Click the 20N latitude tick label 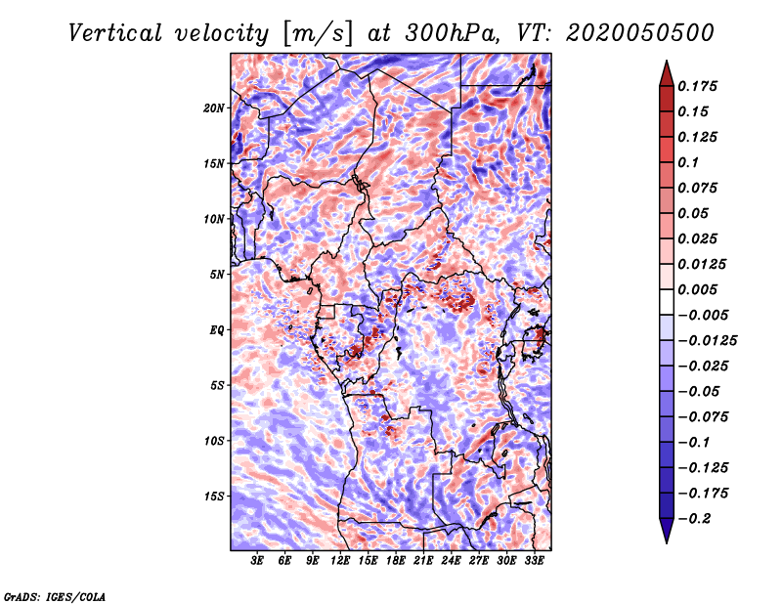click(214, 108)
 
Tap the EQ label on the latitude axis click(217, 330)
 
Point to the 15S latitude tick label click(214, 496)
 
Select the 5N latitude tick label click(217, 275)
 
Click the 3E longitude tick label click(257, 561)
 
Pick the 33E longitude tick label click(534, 561)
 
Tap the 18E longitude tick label click(396, 561)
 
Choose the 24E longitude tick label click(451, 561)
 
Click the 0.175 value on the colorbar click(698, 86)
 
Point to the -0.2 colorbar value click(694, 519)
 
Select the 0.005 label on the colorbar click(698, 289)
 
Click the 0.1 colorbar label click(688, 162)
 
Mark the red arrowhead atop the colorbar click(667, 73)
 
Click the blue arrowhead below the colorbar click(667, 531)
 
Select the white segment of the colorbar click(667, 302)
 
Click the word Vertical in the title click(115, 33)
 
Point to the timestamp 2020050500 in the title click(640, 33)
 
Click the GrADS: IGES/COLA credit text click(55, 597)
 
